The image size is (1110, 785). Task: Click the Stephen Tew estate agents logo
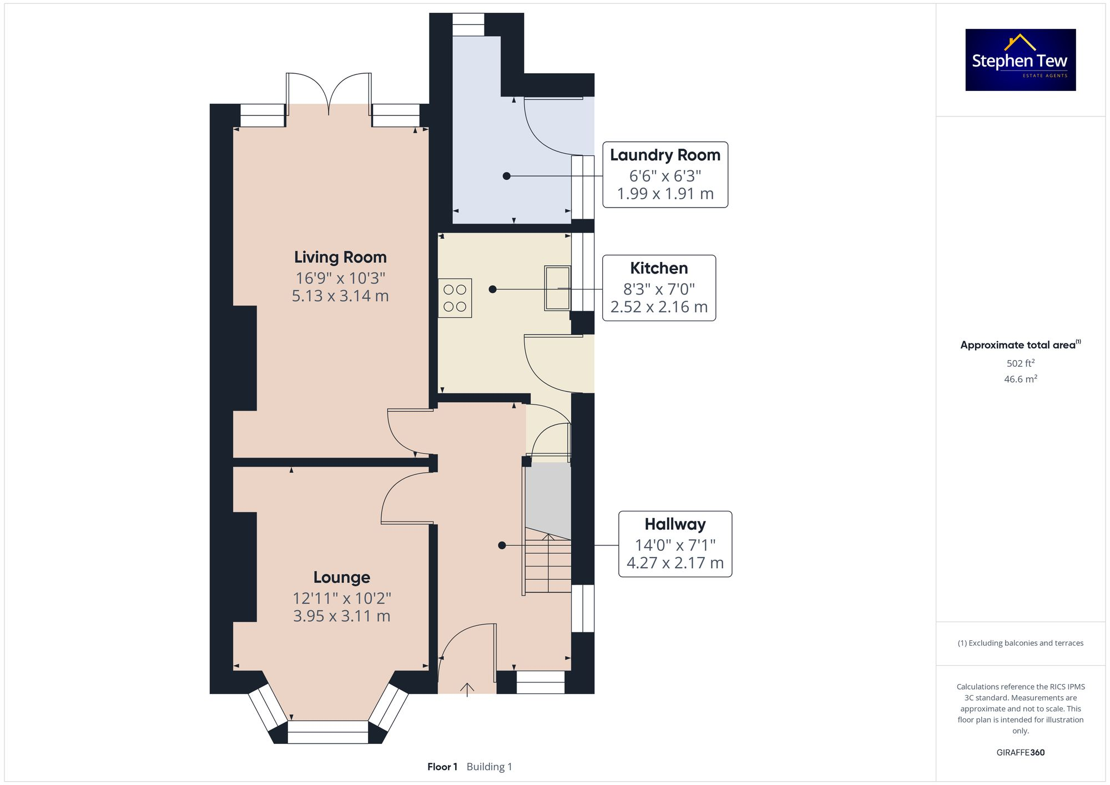pos(1020,60)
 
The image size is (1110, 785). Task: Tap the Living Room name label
pos(340,257)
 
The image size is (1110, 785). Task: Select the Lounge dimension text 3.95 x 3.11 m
pos(341,616)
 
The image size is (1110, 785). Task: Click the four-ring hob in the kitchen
pos(455,298)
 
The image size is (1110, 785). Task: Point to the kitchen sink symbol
pos(557,288)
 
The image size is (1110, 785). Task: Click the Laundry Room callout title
pos(665,155)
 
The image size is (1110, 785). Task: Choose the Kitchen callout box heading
pos(659,269)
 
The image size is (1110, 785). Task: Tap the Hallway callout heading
pos(675,524)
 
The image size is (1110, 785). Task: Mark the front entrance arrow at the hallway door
pos(467,689)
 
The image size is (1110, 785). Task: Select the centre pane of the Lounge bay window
pos(327,732)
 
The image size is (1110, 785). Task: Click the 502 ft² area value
pos(1020,363)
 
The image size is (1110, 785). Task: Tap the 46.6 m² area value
pos(1020,379)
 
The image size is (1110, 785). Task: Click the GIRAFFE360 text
pos(1020,752)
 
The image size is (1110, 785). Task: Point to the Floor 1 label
pos(442,767)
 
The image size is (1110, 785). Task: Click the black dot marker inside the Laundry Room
pos(506,176)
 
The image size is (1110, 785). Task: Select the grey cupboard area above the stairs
pos(548,497)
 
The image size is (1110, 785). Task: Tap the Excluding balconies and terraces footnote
pos(1020,643)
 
